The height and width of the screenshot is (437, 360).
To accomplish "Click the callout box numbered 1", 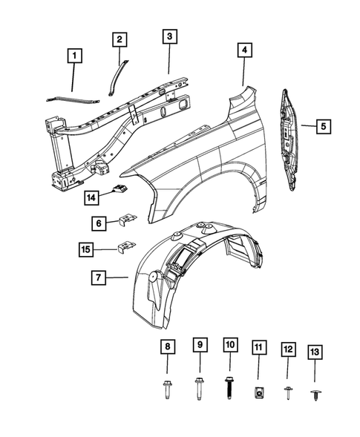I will pyautogui.click(x=73, y=55).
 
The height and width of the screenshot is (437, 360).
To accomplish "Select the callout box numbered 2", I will pyautogui.click(x=120, y=40).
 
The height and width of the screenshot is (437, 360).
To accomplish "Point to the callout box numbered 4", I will pyautogui.click(x=243, y=50).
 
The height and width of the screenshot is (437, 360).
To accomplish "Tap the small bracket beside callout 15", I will pyautogui.click(x=127, y=246).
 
